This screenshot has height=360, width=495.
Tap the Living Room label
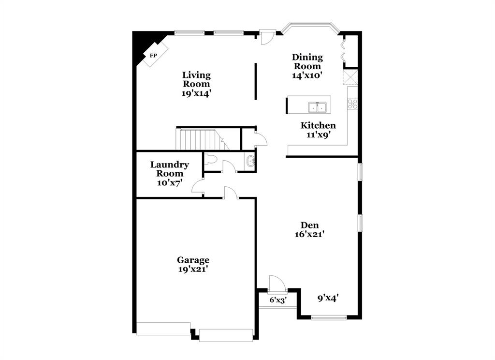click(196, 79)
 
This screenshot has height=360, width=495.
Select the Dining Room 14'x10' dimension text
click(307, 75)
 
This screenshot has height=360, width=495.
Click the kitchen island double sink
click(317, 106)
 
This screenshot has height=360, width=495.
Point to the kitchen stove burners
click(352, 104)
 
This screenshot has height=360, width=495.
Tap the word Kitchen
click(318, 126)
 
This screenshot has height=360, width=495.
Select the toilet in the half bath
click(210, 160)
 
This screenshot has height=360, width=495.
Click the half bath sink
click(250, 162)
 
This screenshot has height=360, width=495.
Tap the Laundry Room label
click(169, 169)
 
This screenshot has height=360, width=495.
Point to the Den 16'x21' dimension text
click(309, 235)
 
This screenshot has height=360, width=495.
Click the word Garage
click(193, 260)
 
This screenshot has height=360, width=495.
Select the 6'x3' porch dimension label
click(278, 300)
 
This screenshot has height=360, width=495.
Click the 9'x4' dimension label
click(328, 298)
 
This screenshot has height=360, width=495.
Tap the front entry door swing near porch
click(277, 283)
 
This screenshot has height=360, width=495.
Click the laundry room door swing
click(198, 186)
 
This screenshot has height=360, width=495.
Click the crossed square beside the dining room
click(349, 77)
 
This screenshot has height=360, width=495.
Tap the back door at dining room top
click(267, 37)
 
